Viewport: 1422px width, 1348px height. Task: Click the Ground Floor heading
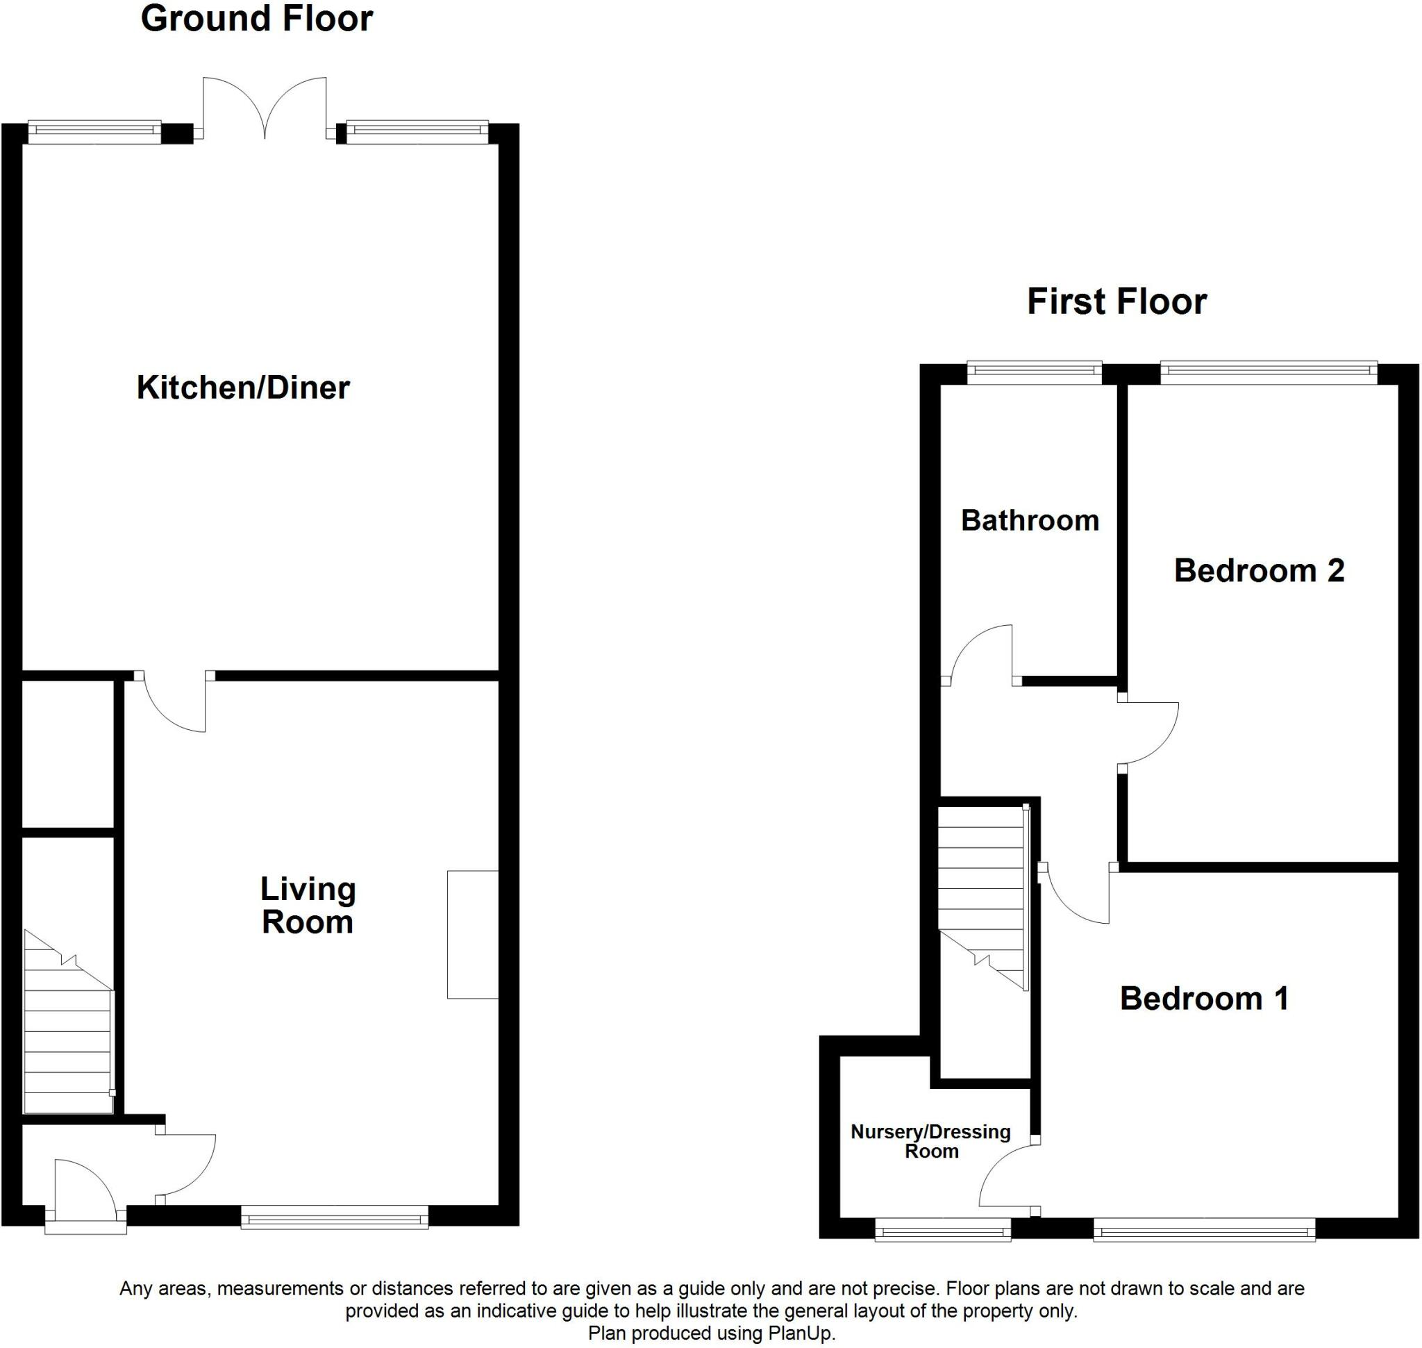256,19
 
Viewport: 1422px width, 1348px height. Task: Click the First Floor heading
1116,302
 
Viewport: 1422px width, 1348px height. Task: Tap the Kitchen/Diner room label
243,388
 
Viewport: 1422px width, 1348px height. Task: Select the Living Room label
308,906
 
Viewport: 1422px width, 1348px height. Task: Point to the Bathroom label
1030,520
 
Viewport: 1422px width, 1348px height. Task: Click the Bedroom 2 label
1259,571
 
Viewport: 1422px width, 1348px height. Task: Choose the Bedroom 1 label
1204,999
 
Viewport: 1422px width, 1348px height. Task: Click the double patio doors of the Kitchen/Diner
265,108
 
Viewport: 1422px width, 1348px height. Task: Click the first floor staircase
983,898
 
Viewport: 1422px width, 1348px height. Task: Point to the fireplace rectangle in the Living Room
472,934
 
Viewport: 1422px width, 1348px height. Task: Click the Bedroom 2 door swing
1148,734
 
